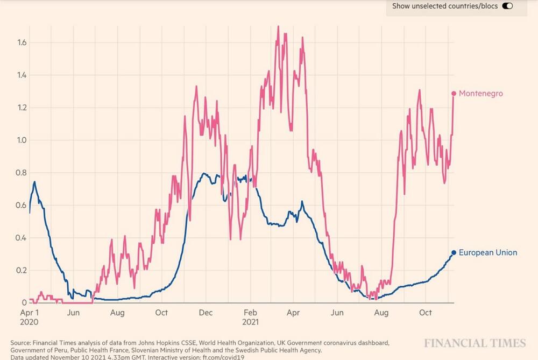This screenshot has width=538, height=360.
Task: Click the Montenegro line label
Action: (480, 94)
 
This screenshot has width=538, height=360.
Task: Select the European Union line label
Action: (488, 252)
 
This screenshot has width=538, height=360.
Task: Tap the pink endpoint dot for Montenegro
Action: (454, 94)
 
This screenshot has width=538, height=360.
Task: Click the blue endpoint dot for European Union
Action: (454, 252)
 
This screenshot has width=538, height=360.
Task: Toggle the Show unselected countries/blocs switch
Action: (507, 6)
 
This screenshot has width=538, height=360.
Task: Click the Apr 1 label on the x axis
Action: (30, 313)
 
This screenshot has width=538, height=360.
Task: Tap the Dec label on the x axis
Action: (206, 313)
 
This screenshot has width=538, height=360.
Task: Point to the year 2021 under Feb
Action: (251, 322)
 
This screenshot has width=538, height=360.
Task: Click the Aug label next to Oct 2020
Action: (118, 313)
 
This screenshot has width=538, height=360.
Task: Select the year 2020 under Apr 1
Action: (30, 322)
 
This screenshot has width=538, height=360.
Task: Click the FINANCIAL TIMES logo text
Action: (475, 343)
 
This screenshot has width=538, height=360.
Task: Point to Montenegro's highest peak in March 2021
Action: (278, 26)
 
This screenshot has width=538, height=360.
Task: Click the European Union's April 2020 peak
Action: (35, 182)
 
